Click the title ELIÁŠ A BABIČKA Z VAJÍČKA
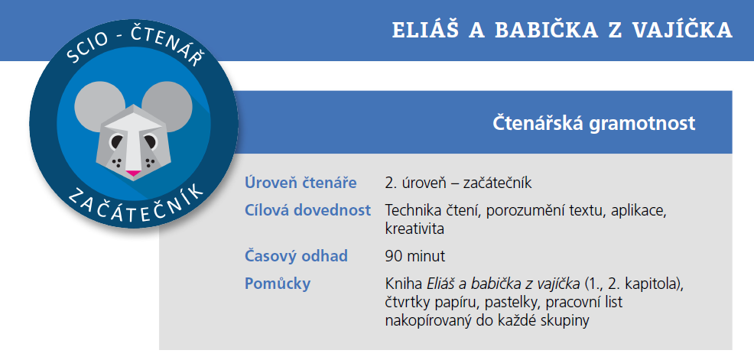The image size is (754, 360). click(x=562, y=30)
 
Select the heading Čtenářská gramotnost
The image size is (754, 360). click(x=593, y=123)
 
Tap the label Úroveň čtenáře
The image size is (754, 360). click(x=301, y=183)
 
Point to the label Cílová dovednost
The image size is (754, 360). click(x=307, y=210)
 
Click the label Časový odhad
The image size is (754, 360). click(x=296, y=256)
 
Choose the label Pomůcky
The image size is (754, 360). click(x=277, y=284)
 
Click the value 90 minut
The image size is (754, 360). click(x=415, y=256)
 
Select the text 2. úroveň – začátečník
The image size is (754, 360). click(x=458, y=183)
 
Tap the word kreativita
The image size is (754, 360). click(x=414, y=229)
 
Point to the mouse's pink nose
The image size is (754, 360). click(x=133, y=174)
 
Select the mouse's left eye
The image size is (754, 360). click(x=115, y=141)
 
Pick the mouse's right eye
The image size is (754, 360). click(x=151, y=141)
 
